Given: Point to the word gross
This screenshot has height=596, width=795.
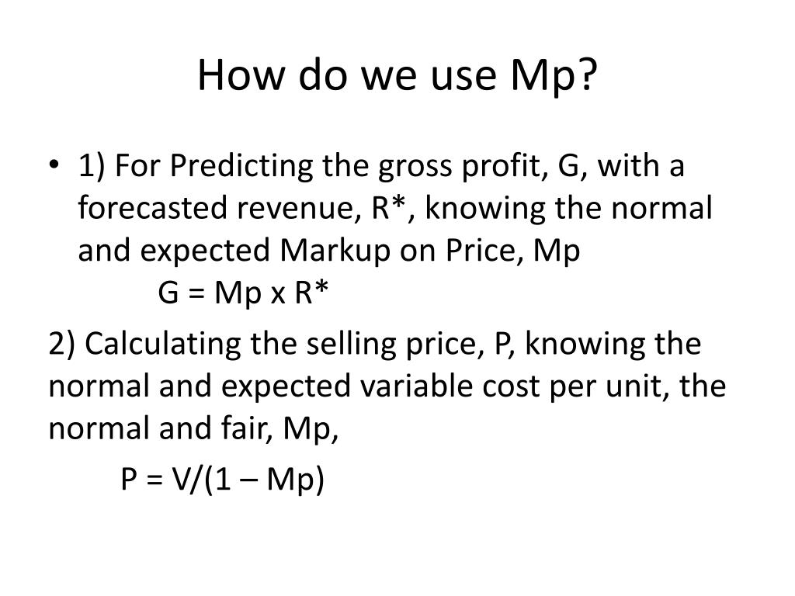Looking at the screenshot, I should point(401,166).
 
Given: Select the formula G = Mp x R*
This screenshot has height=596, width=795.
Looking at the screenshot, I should point(244,295).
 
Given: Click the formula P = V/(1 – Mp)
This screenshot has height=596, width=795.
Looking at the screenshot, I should point(222,480).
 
